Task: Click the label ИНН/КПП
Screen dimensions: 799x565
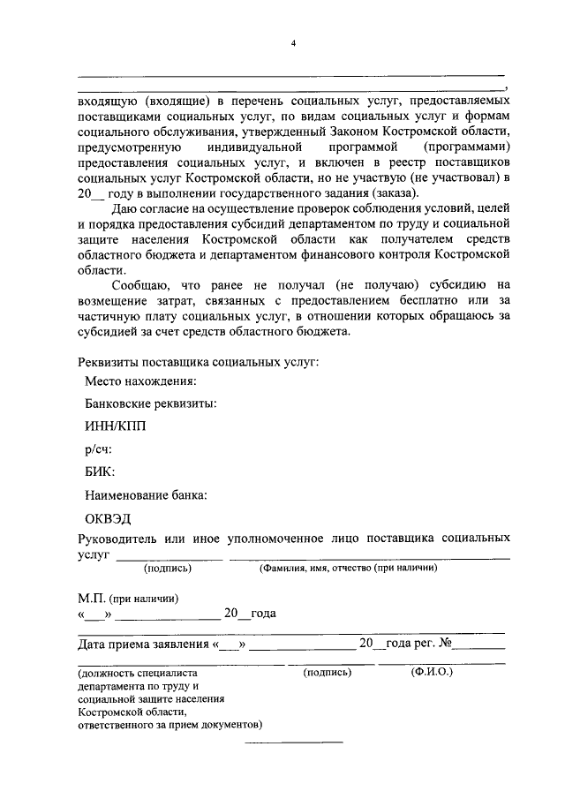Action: [x=116, y=426]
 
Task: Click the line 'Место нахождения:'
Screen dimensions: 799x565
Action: [x=140, y=381]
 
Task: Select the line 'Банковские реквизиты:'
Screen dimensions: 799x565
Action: [x=151, y=403]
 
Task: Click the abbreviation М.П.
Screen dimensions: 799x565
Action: [x=92, y=598]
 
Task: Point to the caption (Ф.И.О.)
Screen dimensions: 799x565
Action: [x=432, y=672]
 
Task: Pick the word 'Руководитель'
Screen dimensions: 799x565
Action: [x=119, y=538]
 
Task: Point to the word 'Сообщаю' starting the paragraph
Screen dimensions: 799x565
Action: [x=141, y=284]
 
